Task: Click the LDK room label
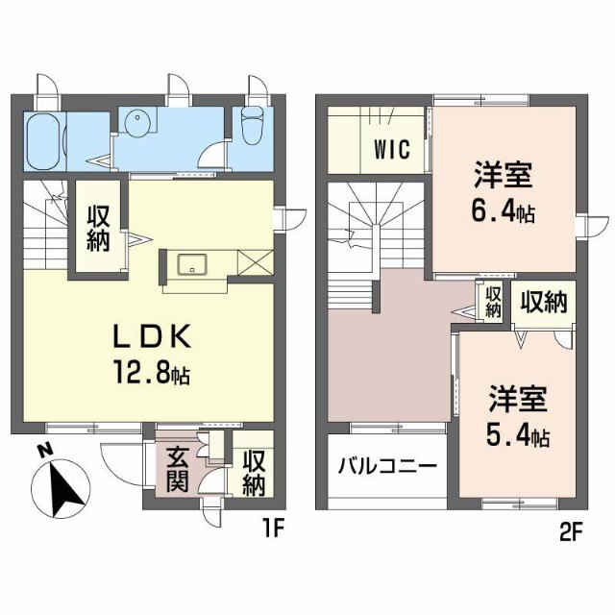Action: (152, 336)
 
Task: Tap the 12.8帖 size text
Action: (152, 372)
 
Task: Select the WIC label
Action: (392, 149)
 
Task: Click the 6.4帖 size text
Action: (504, 212)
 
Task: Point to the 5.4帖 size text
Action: (517, 436)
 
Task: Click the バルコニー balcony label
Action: (387, 466)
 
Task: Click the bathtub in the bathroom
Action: (43, 141)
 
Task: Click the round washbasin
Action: (137, 121)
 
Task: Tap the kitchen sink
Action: (192, 264)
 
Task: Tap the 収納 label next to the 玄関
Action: (254, 473)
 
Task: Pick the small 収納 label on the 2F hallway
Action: (493, 302)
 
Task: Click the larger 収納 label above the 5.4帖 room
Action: (544, 303)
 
